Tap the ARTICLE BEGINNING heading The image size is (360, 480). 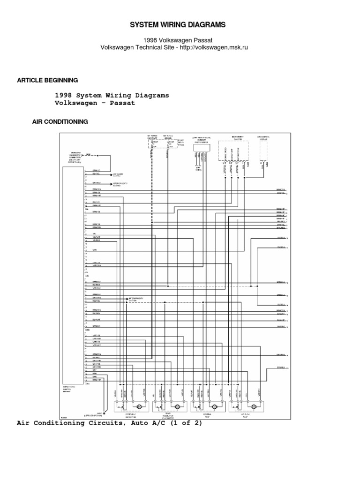click(x=47, y=80)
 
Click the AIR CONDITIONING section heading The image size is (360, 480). click(x=60, y=121)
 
